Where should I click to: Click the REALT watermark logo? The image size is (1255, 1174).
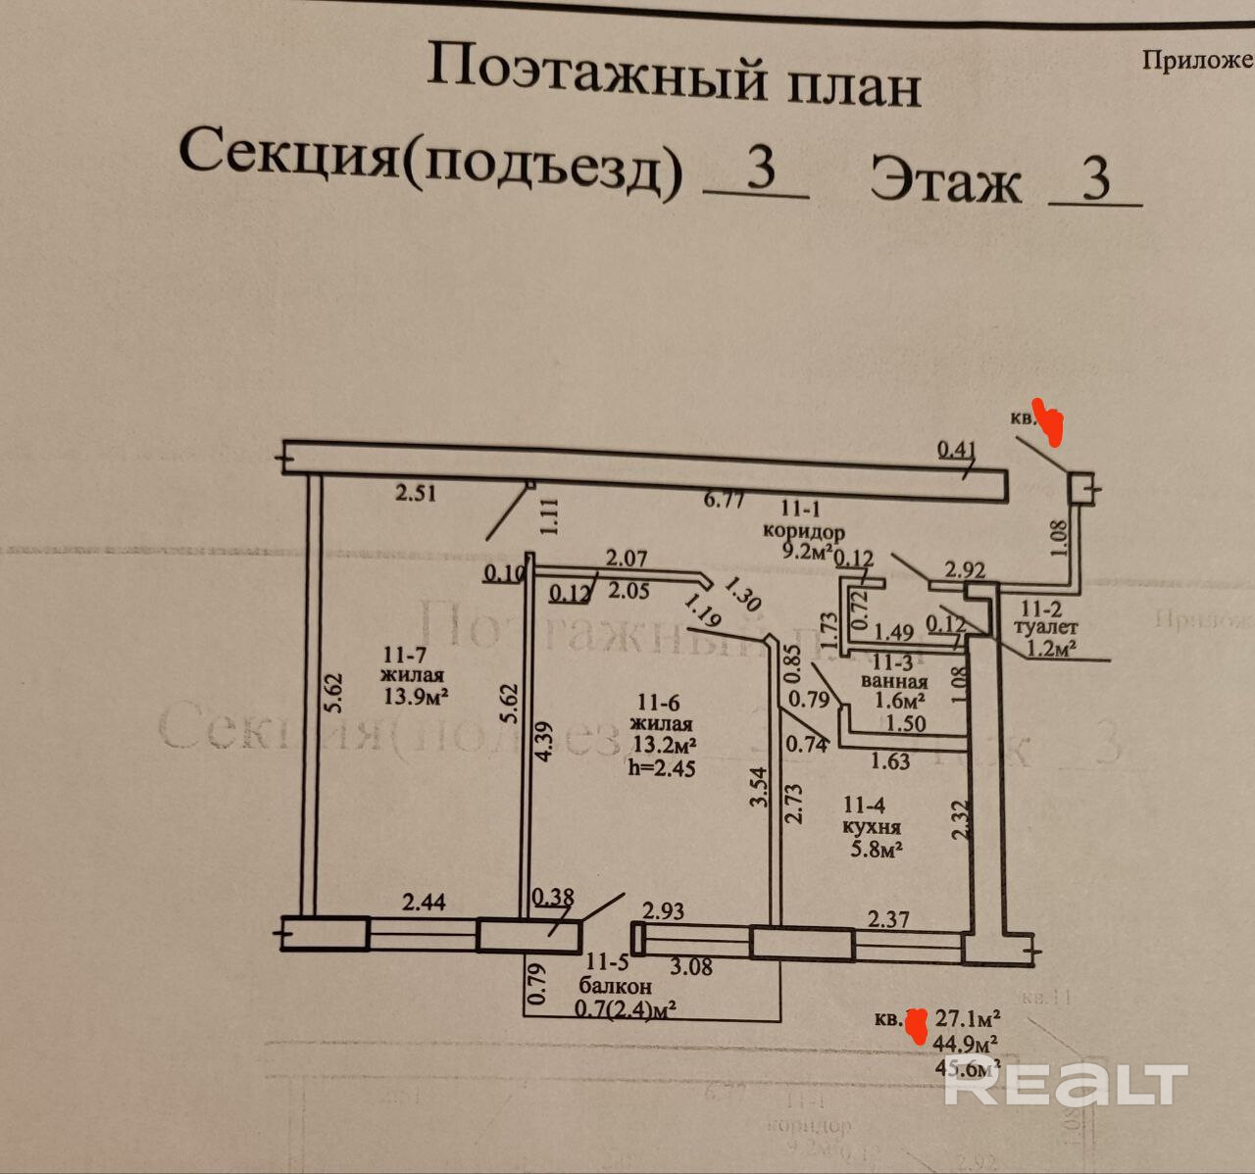(1066, 1084)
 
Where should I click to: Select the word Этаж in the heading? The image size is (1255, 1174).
(945, 180)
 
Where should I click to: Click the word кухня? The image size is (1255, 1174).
(872, 828)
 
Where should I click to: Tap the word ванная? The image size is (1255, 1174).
(894, 682)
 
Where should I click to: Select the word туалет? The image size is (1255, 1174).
(1047, 627)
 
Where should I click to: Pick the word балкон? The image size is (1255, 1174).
(614, 987)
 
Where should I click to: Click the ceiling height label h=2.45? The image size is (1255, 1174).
(662, 768)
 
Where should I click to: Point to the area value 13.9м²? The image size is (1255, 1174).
(416, 697)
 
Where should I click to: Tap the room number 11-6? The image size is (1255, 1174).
(659, 702)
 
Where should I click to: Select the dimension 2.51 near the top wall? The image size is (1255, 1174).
(416, 493)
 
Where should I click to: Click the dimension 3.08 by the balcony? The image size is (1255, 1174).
(690, 967)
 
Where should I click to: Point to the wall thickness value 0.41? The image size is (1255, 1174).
(957, 450)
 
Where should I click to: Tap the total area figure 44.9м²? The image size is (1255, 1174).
(966, 1043)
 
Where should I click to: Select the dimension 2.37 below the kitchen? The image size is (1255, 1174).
(889, 919)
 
